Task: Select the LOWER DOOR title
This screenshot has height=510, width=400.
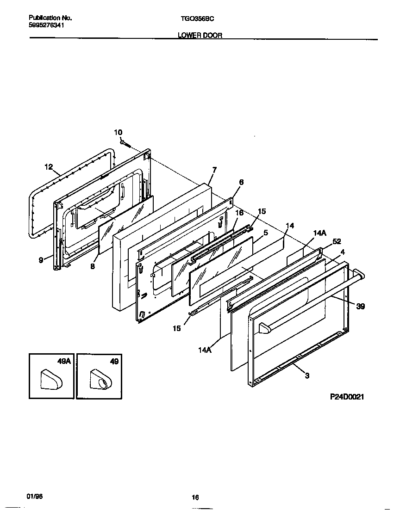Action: (x=200, y=35)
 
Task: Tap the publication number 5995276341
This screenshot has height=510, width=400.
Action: (x=46, y=26)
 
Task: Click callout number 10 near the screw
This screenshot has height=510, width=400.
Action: (x=118, y=133)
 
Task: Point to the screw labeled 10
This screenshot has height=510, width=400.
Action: (x=125, y=144)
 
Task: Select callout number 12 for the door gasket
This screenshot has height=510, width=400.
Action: (x=49, y=167)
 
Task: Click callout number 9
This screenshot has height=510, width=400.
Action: (x=41, y=260)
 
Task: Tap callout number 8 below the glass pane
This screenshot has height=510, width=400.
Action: (x=93, y=266)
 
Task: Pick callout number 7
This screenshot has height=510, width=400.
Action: (x=214, y=170)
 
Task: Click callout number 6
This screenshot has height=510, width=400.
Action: (x=241, y=182)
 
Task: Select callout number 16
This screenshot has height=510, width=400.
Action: (x=239, y=213)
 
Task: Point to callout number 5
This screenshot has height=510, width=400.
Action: (x=265, y=233)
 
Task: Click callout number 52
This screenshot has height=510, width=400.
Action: (x=337, y=241)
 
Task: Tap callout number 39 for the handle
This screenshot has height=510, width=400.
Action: (x=360, y=306)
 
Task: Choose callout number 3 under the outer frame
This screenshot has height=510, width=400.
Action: (x=307, y=376)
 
